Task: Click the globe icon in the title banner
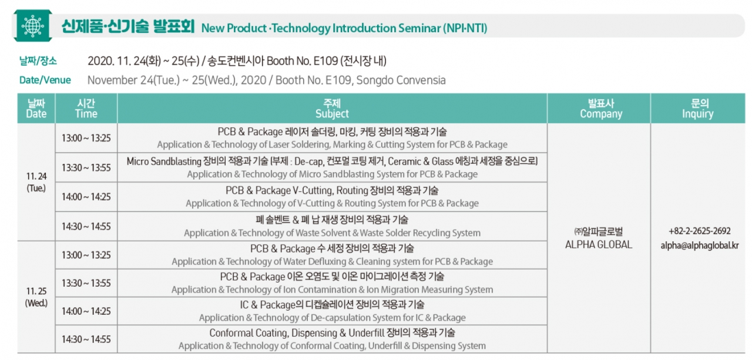pyautogui.click(x=32, y=26)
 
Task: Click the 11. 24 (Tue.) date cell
pyautogui.click(x=36, y=182)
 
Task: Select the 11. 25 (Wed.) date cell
pyautogui.click(x=36, y=297)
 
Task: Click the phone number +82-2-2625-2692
pyautogui.click(x=700, y=231)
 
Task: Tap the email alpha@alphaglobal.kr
pyautogui.click(x=700, y=245)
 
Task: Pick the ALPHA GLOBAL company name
pyautogui.click(x=599, y=244)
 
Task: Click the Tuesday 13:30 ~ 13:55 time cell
pyautogui.click(x=86, y=167)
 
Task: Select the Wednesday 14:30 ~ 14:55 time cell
pyautogui.click(x=86, y=339)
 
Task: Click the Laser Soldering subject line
pyautogui.click(x=333, y=144)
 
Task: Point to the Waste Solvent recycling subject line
pyautogui.click(x=333, y=233)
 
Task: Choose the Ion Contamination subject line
pyautogui.click(x=333, y=290)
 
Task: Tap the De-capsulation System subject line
pyautogui.click(x=333, y=317)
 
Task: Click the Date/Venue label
pyautogui.click(x=45, y=80)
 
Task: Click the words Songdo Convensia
pyautogui.click(x=401, y=80)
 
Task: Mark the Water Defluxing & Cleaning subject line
pyautogui.click(x=333, y=261)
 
